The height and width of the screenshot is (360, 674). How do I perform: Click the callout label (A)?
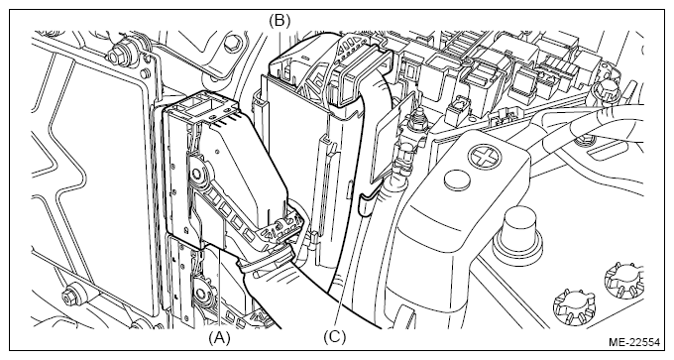tap(219, 338)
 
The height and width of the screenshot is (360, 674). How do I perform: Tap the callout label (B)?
tap(280, 20)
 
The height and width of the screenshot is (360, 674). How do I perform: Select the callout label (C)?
tap(334, 337)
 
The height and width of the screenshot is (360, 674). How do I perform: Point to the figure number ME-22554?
tap(634, 343)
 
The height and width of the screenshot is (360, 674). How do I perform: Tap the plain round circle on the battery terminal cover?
tap(457, 180)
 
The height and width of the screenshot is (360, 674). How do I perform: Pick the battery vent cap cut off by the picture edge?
tap(625, 280)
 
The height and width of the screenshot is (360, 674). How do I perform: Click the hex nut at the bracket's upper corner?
tap(115, 57)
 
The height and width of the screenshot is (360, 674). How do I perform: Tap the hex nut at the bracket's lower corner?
tap(69, 296)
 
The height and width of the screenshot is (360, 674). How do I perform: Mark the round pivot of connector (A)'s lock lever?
tap(197, 174)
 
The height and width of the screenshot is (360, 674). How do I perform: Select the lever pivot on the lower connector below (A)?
tap(200, 295)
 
